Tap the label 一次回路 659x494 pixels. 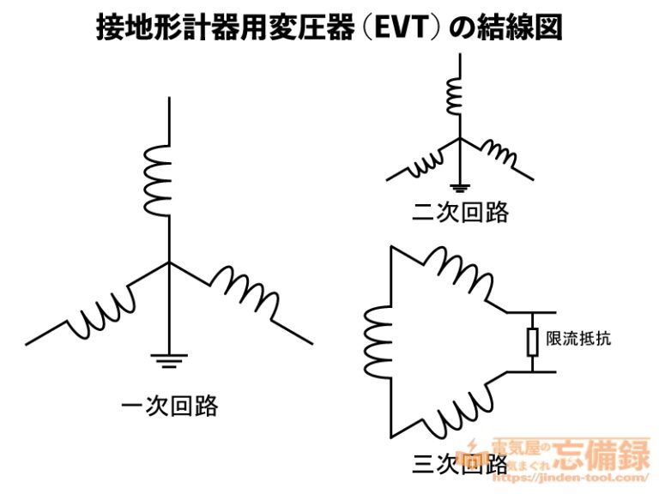point(169,405)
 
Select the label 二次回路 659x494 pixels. point(461,212)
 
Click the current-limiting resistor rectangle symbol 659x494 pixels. point(532,341)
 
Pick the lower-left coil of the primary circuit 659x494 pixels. point(103,312)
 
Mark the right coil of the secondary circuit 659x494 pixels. point(498,155)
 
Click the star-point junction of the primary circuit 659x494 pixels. point(169,262)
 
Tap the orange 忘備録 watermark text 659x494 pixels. point(602,454)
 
